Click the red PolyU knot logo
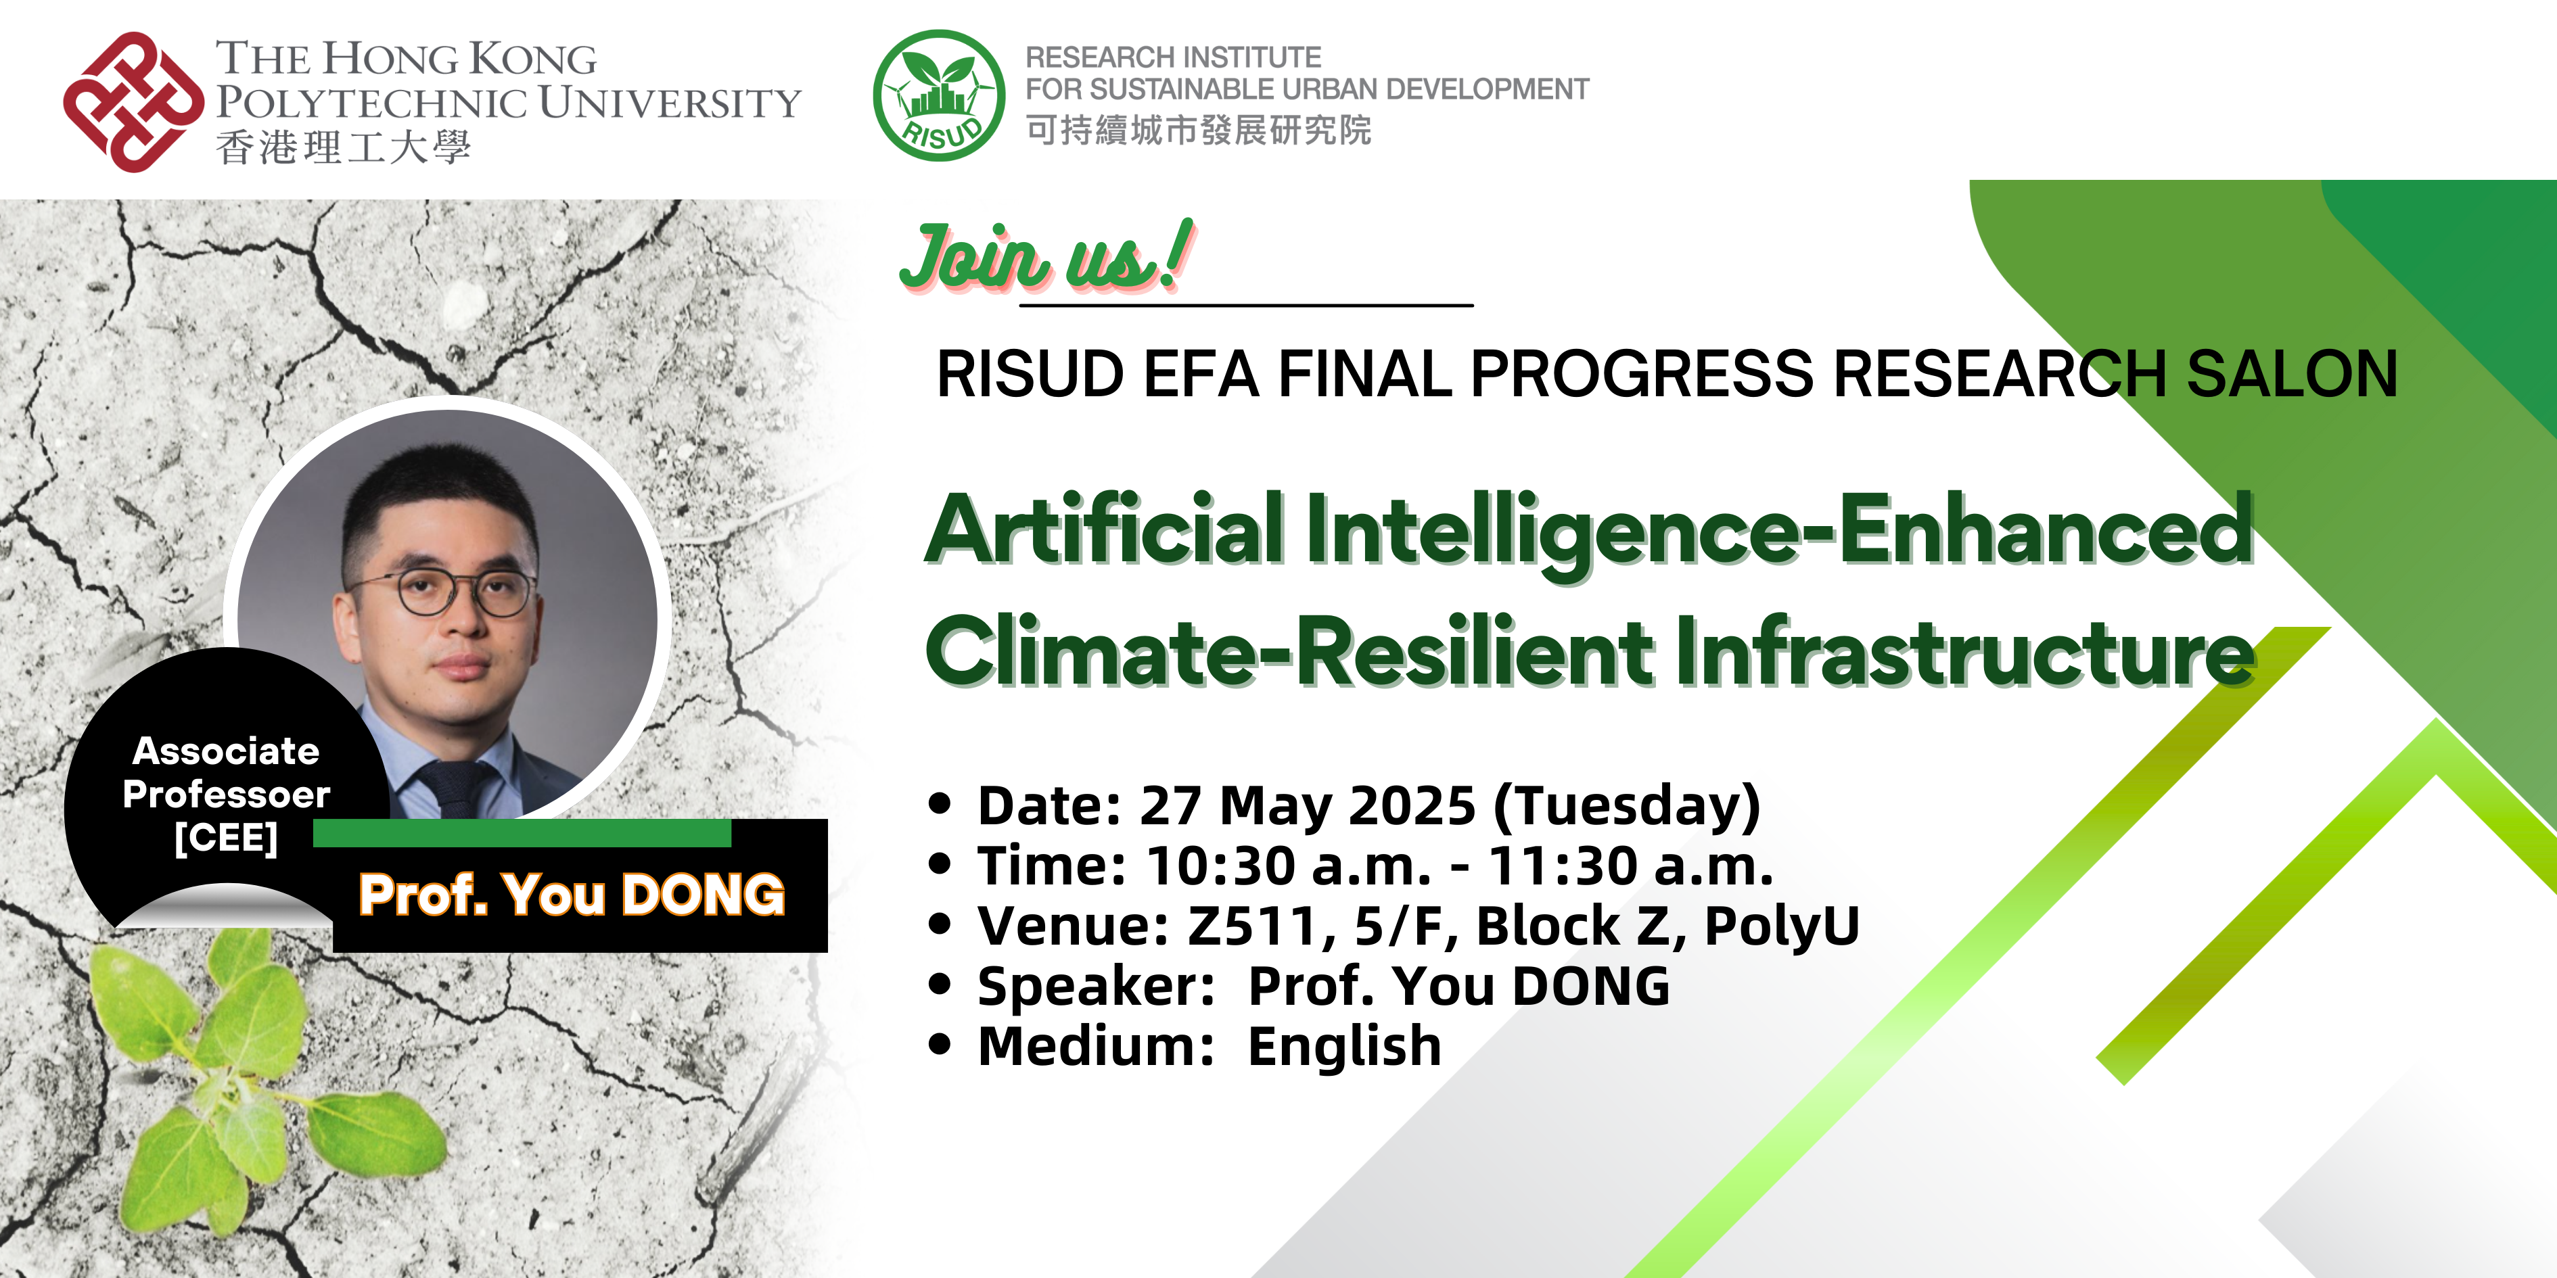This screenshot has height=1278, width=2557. pyautogui.click(x=132, y=102)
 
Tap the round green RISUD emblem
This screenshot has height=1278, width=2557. pyautogui.click(x=938, y=95)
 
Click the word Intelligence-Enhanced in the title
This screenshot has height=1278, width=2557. pyautogui.click(x=1777, y=531)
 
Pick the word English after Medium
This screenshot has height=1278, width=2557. pyautogui.click(x=1344, y=1046)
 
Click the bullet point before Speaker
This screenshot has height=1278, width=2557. pyautogui.click(x=939, y=985)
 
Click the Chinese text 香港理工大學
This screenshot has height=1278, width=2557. pyautogui.click(x=342, y=148)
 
